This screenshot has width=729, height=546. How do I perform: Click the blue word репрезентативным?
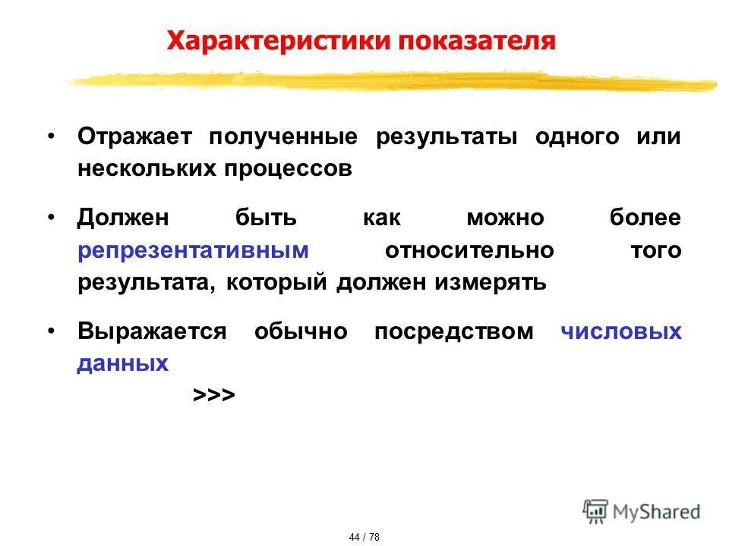click(193, 251)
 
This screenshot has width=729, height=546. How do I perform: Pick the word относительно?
click(469, 251)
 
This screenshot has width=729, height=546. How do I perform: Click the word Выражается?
click(152, 332)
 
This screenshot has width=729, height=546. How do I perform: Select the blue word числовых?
click(621, 332)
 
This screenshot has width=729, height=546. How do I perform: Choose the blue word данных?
click(122, 363)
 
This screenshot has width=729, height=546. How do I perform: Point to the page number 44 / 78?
click(364, 537)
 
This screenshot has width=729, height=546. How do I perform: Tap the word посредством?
click(453, 332)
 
